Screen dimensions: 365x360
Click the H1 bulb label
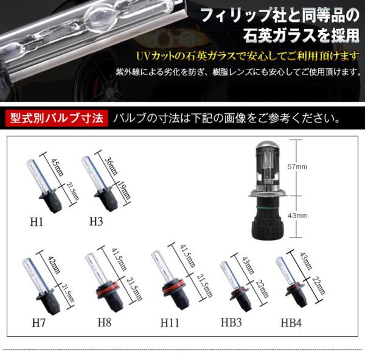pos(36,222)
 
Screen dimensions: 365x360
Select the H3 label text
pos(96,221)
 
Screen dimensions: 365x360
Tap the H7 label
pos(38,323)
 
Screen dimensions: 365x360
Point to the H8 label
pos(104,322)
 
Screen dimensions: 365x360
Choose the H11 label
pos(170,323)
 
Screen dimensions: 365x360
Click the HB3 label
pos(231,322)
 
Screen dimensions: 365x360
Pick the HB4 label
pos(291,323)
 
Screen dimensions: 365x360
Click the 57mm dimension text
pos(297,167)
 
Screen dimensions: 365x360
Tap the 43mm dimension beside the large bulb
pos(297,216)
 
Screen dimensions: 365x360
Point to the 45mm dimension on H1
pos(57,168)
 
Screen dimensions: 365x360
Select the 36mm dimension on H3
pos(111,166)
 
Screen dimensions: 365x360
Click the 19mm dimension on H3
pos(124,189)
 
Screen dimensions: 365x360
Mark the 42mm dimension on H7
pos(54,265)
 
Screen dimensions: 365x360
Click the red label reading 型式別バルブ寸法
pos(57,118)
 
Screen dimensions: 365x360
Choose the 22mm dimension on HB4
pos(319,285)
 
